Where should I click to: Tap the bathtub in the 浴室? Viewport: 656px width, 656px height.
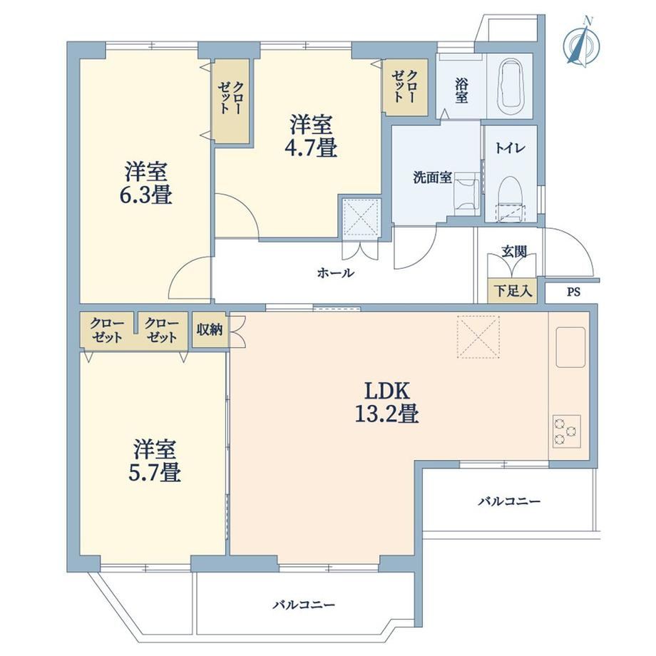pyautogui.click(x=510, y=86)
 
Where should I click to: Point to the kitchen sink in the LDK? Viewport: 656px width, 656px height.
pyautogui.click(x=570, y=347)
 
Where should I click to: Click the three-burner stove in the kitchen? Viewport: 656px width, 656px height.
pyautogui.click(x=566, y=431)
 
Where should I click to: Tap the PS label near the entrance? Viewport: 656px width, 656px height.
pyautogui.click(x=573, y=292)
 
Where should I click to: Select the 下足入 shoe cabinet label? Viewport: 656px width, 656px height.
pyautogui.click(x=513, y=291)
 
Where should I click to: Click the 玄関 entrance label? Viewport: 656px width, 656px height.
pyautogui.click(x=514, y=252)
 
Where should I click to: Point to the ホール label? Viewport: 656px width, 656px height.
pyautogui.click(x=336, y=273)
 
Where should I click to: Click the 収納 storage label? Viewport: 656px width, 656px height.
pyautogui.click(x=210, y=329)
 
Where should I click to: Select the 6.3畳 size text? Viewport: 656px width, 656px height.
pyautogui.click(x=145, y=195)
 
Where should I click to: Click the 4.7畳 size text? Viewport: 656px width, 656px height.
pyautogui.click(x=311, y=148)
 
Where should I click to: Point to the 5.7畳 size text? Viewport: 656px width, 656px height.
pyautogui.click(x=155, y=473)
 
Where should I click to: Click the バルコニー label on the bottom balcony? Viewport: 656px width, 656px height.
pyautogui.click(x=304, y=605)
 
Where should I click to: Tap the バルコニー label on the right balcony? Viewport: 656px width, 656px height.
pyautogui.click(x=510, y=501)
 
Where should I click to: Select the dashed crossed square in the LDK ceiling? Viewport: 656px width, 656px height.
pyautogui.click(x=478, y=337)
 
